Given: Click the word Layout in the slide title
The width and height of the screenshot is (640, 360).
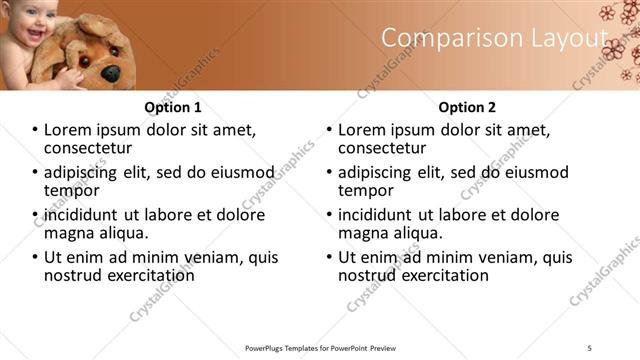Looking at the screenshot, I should click(x=558, y=38).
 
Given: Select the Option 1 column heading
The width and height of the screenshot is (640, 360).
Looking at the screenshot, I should click(x=173, y=107).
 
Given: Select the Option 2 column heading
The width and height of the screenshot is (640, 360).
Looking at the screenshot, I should click(x=466, y=107).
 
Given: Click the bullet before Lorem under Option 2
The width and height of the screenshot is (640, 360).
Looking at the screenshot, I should click(x=330, y=130).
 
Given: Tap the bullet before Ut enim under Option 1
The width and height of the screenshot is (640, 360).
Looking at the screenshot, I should click(x=36, y=257).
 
